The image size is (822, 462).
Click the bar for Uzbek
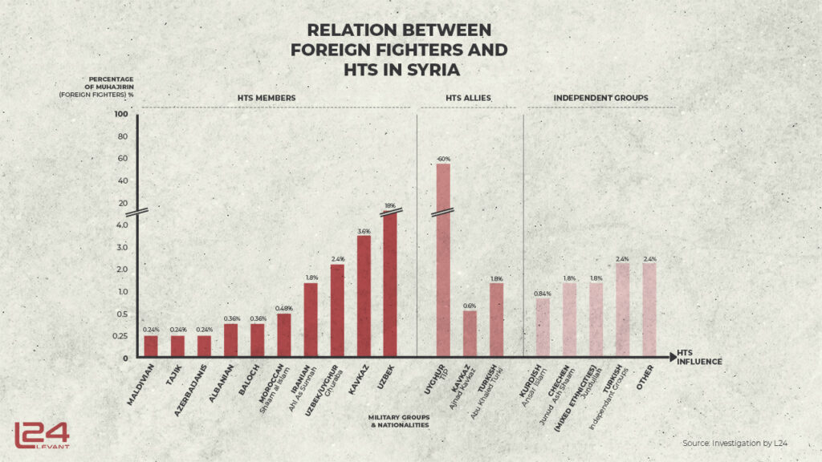coord(391,285)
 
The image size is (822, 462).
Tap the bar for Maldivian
coord(151,346)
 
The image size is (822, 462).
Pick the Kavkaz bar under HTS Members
coord(364,296)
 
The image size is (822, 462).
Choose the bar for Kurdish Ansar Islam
coord(543,328)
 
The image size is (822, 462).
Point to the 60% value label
coord(443,159)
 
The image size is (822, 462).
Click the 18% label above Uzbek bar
coord(391,207)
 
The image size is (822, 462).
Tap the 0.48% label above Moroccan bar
coord(284,308)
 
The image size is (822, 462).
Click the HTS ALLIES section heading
coord(468,99)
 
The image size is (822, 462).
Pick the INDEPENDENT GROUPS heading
coord(600,99)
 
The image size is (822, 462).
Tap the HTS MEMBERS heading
coord(267,99)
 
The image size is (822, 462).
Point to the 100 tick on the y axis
coord(121,114)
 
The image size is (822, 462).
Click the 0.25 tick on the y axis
coord(120,335)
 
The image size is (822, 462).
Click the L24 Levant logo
coord(41,434)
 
